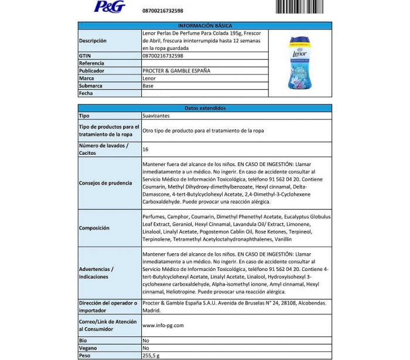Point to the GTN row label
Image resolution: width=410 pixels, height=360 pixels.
[85, 56]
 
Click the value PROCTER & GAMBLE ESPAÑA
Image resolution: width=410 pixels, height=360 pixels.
[176, 70]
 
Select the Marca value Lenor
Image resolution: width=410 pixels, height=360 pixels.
[149, 78]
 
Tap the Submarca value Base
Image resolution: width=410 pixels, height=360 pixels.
[148, 86]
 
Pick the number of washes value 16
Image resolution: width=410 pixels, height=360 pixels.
[145, 150]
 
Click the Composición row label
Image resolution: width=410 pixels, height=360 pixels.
[95, 228]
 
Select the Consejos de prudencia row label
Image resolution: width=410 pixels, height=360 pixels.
[105, 183]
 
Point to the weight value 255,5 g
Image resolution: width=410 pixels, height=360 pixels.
[151, 355]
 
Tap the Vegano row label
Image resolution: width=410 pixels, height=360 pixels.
[88, 348]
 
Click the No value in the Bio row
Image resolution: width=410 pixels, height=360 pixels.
[146, 340]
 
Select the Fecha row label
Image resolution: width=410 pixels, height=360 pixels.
[86, 93]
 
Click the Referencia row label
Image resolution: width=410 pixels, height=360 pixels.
[91, 63]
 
